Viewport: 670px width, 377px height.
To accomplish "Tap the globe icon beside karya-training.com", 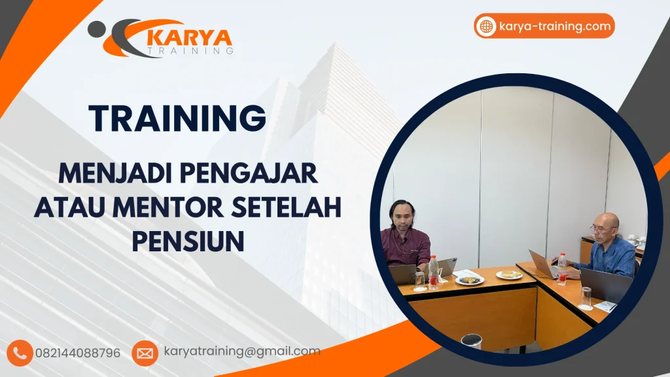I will tap(486, 27).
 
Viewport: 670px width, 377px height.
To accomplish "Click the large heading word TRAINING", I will tap(177, 118).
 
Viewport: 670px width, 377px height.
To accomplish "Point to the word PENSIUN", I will tap(188, 241).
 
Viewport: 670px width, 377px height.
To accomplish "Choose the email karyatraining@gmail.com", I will tap(241, 351).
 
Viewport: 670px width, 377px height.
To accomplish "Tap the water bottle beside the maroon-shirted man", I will tap(432, 272).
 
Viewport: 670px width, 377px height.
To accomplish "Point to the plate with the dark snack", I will tap(469, 279).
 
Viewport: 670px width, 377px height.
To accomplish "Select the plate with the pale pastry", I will tap(509, 275).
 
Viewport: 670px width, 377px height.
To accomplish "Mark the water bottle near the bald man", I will tap(561, 268).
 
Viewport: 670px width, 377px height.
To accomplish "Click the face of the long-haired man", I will tap(400, 217).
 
